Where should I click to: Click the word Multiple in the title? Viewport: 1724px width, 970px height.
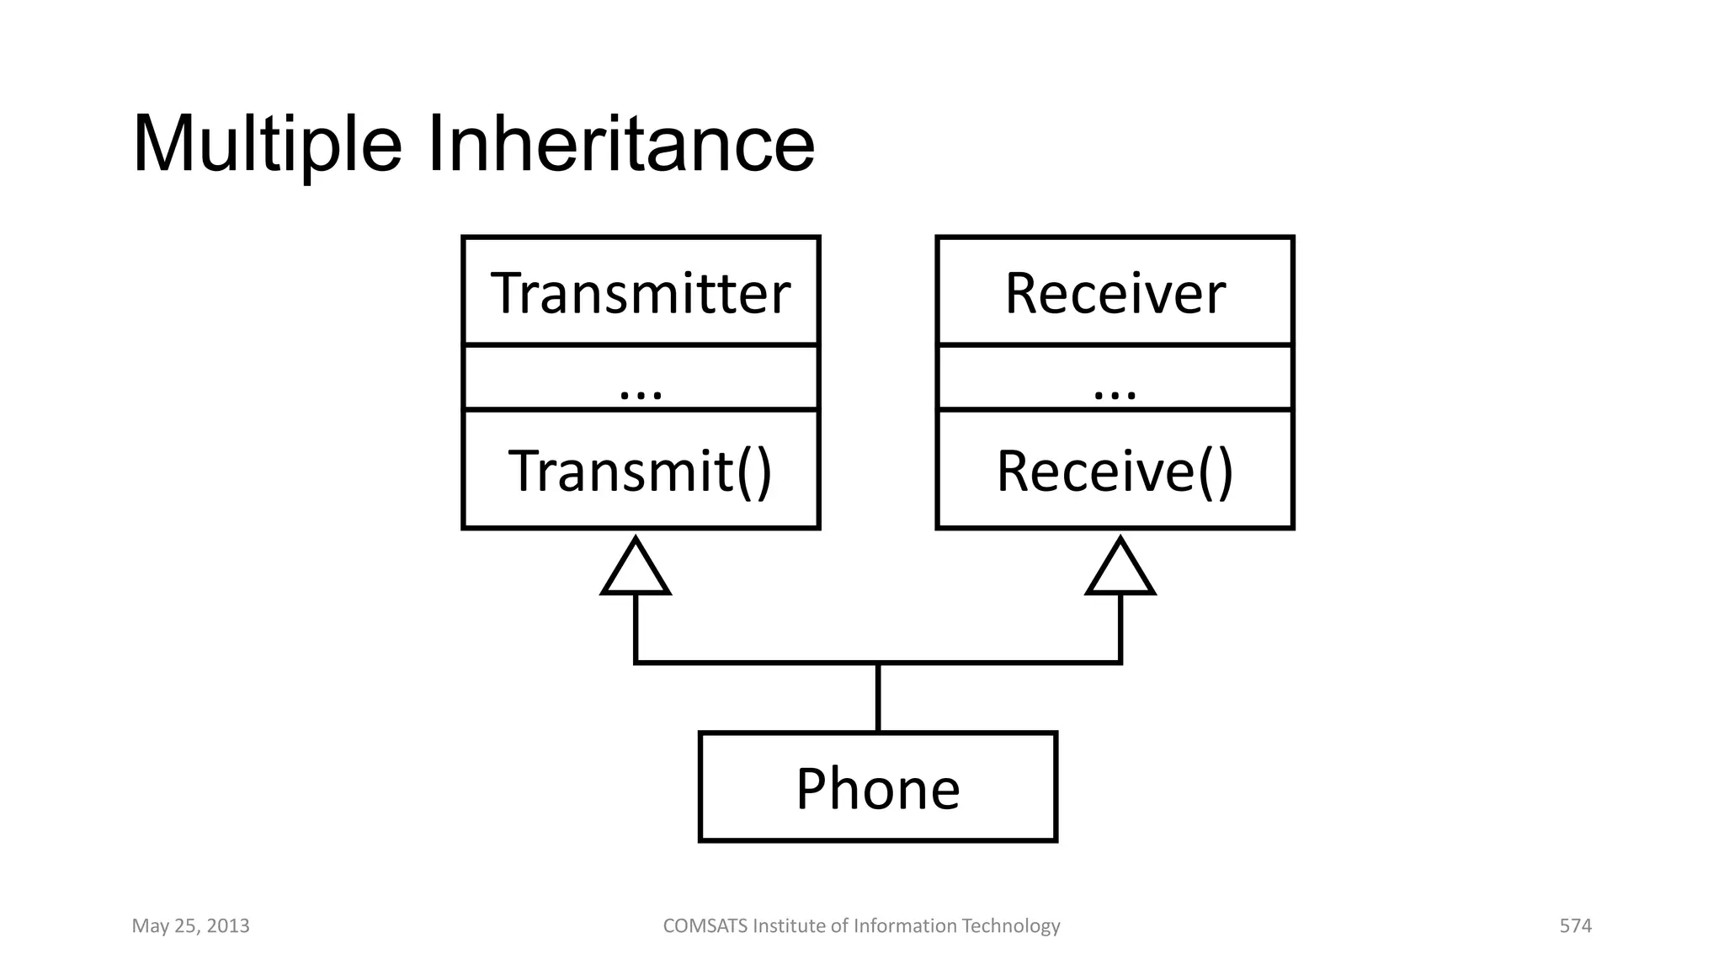268,145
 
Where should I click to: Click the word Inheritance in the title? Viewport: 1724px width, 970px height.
621,145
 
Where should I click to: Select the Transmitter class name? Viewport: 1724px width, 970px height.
641,293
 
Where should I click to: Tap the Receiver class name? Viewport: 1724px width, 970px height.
1115,293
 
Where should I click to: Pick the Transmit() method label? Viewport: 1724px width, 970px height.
640,471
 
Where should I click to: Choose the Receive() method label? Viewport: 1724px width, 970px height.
1115,471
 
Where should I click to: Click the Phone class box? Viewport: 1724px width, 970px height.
878,787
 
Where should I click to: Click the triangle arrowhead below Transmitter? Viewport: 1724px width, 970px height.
636,571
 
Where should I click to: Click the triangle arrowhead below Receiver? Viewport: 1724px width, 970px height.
1120,571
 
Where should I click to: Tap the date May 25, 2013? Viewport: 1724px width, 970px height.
190,926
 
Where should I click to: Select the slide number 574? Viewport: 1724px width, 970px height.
1575,926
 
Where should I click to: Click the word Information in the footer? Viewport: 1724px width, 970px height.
905,926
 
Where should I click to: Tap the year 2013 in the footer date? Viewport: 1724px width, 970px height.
228,926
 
